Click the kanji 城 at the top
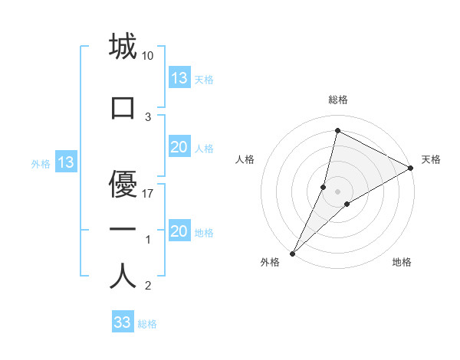click(x=123, y=47)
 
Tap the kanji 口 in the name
click(x=123, y=108)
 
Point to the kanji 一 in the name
click(x=123, y=230)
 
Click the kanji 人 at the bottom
click(x=123, y=277)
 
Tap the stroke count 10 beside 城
click(x=148, y=56)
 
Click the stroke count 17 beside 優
click(x=148, y=193)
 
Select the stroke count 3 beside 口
click(x=148, y=117)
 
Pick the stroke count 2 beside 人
click(x=148, y=286)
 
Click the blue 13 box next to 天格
click(x=179, y=78)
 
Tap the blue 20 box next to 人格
click(x=179, y=147)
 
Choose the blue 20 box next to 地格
click(x=179, y=231)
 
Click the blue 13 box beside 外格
click(x=65, y=162)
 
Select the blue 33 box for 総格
click(x=123, y=322)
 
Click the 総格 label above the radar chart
click(x=338, y=100)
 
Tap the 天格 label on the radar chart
click(x=431, y=159)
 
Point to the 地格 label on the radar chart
click(x=402, y=262)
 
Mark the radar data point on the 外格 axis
click(x=293, y=253)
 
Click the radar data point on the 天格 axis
click(x=411, y=168)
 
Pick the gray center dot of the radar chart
click(x=337, y=191)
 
